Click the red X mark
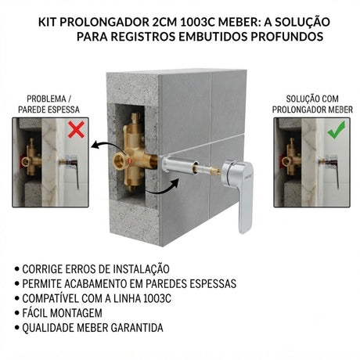(76, 130)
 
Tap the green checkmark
(337, 129)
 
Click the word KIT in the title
(47, 22)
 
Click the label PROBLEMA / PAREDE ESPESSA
(49, 104)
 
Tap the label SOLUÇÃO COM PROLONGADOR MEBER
(312, 104)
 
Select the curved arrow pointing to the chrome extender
(163, 188)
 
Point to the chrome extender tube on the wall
(180, 165)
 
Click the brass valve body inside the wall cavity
(134, 155)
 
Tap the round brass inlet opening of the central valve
(120, 162)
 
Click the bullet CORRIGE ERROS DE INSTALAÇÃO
(95, 269)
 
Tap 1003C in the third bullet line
(157, 298)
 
